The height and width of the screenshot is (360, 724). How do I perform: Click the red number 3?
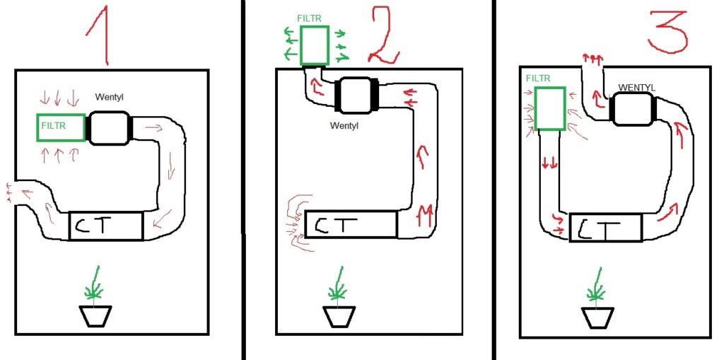click(668, 29)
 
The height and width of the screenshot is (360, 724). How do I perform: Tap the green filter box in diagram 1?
click(61, 127)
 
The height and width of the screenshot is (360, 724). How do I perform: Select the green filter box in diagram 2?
click(315, 45)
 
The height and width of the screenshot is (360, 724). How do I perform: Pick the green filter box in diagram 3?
click(550, 109)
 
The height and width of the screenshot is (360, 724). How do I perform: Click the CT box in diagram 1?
click(106, 226)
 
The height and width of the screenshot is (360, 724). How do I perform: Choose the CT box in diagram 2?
click(351, 225)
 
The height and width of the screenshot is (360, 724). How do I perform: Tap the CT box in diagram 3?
click(606, 227)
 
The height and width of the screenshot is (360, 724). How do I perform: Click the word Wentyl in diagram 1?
click(110, 97)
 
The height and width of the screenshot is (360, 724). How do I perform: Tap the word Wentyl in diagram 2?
click(344, 125)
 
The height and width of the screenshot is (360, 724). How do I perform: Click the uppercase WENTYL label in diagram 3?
click(636, 87)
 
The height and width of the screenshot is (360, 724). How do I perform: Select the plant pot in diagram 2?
click(339, 317)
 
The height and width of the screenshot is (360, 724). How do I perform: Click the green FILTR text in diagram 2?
click(310, 18)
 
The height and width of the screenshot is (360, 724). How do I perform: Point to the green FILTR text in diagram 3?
click(538, 79)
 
